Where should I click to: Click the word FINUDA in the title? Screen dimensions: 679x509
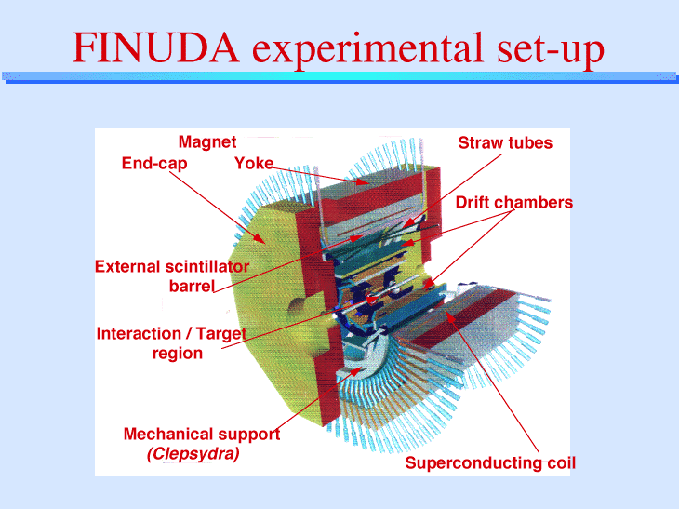point(155,47)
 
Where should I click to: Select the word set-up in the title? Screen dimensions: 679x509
point(551,50)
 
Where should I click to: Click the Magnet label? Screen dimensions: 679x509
point(207,141)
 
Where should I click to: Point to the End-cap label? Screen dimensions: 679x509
point(154,164)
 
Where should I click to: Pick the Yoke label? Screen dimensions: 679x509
point(254,164)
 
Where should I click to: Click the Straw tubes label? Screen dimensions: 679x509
point(505,142)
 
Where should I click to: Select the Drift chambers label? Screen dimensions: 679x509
point(514,202)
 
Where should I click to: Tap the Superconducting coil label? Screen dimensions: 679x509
point(490,463)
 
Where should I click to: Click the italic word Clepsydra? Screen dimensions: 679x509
point(193,454)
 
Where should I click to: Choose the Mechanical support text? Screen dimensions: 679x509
point(202,434)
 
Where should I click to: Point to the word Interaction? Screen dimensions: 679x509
point(139,333)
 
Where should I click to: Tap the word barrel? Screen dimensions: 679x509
point(192,287)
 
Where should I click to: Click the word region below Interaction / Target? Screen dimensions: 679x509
point(178,354)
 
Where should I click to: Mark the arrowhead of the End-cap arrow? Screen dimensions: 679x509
point(260,239)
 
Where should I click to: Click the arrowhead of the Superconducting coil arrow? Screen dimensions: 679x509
point(449,316)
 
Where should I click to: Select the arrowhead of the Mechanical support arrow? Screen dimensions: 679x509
point(358,370)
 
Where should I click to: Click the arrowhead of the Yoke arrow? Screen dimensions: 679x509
point(363,182)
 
